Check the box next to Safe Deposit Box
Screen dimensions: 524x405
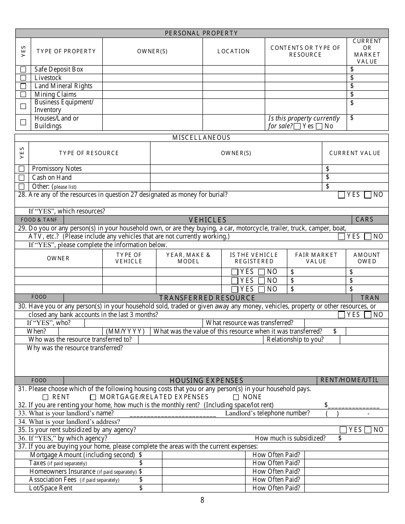[23, 69]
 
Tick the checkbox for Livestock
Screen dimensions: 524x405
[23, 78]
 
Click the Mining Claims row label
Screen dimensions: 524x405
[55, 95]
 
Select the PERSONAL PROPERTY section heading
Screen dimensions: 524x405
[202, 33]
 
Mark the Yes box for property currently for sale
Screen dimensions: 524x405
[297, 126]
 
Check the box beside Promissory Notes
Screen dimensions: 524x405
[21, 169]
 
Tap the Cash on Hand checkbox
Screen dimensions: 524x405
[21, 178]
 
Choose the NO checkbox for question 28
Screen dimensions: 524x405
[368, 195]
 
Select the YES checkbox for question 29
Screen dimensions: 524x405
[341, 236]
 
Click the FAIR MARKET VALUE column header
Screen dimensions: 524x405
[316, 258]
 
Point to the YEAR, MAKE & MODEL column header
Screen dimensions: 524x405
[188, 258]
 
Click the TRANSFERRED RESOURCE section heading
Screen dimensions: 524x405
[207, 298]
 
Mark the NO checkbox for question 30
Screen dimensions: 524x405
[368, 315]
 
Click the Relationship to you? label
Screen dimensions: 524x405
[295, 340]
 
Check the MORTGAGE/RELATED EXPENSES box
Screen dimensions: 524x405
[93, 397]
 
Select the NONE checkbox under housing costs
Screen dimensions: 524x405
[236, 397]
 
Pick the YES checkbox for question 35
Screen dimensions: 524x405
[343, 430]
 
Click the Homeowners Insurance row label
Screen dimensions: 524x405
[62, 472]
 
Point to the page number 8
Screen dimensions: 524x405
[202, 500]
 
